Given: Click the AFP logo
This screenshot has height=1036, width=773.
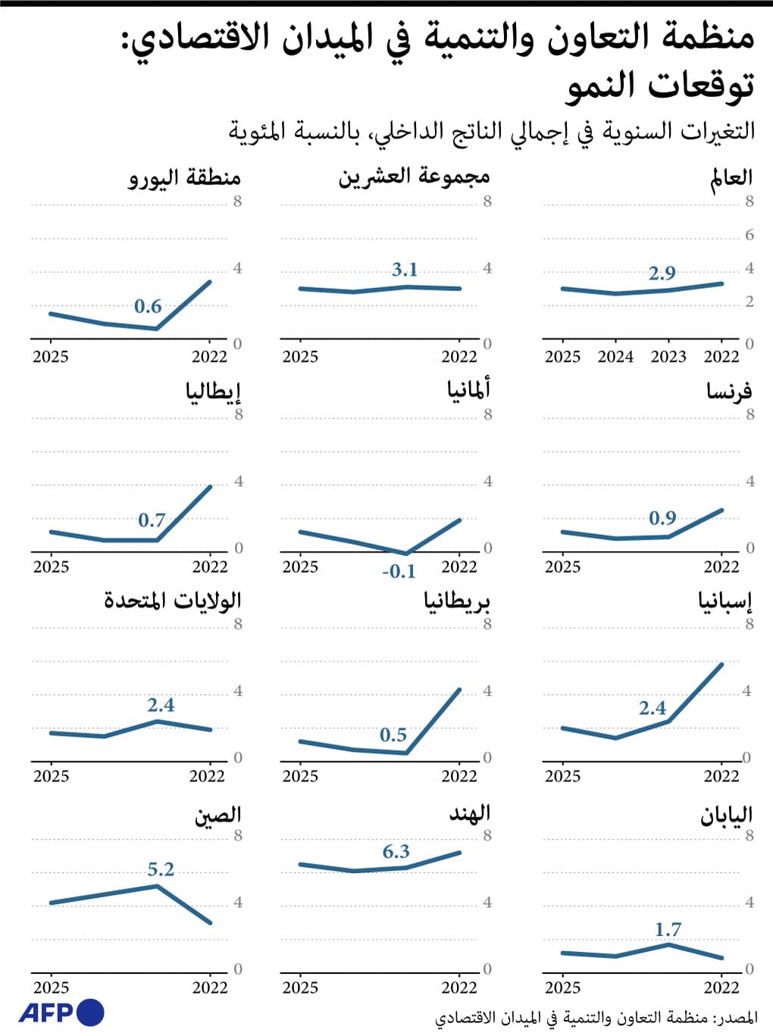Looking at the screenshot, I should pos(61,1013).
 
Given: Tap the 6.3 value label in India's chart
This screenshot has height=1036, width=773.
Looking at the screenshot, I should pos(396,852).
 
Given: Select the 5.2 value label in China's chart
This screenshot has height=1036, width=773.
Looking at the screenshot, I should pos(161,869).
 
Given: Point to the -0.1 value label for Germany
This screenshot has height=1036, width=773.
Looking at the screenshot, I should pos(399,572).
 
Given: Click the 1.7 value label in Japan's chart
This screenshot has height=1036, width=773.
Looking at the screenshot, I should pos(668,929).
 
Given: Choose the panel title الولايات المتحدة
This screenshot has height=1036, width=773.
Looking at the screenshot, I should pos(172,601).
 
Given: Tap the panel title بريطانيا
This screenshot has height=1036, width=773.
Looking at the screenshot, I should pos(457,601).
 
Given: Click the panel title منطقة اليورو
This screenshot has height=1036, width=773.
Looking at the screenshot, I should pos(184,178).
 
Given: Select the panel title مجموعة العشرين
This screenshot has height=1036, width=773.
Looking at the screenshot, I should pos(414,177).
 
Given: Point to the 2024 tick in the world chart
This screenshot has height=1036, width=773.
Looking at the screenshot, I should pos(615,357).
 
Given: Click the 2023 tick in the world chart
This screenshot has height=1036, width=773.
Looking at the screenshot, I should pos(668,357).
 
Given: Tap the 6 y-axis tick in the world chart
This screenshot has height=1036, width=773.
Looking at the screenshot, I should pos(749,235).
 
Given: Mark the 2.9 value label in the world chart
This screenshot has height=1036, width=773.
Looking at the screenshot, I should pos(662,274).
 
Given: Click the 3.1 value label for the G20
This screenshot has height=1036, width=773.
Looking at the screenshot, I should pos(405,270).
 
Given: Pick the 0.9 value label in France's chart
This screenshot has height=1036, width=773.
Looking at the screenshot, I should pos(662,518).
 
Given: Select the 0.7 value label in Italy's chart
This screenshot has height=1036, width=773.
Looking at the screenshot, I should pos(152,521).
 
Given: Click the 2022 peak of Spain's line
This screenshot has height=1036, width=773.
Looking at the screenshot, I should pos(721,665).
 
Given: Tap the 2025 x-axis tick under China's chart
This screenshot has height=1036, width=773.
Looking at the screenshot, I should pos(51,987).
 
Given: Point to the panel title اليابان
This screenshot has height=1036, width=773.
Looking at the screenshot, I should pos(725,815).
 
